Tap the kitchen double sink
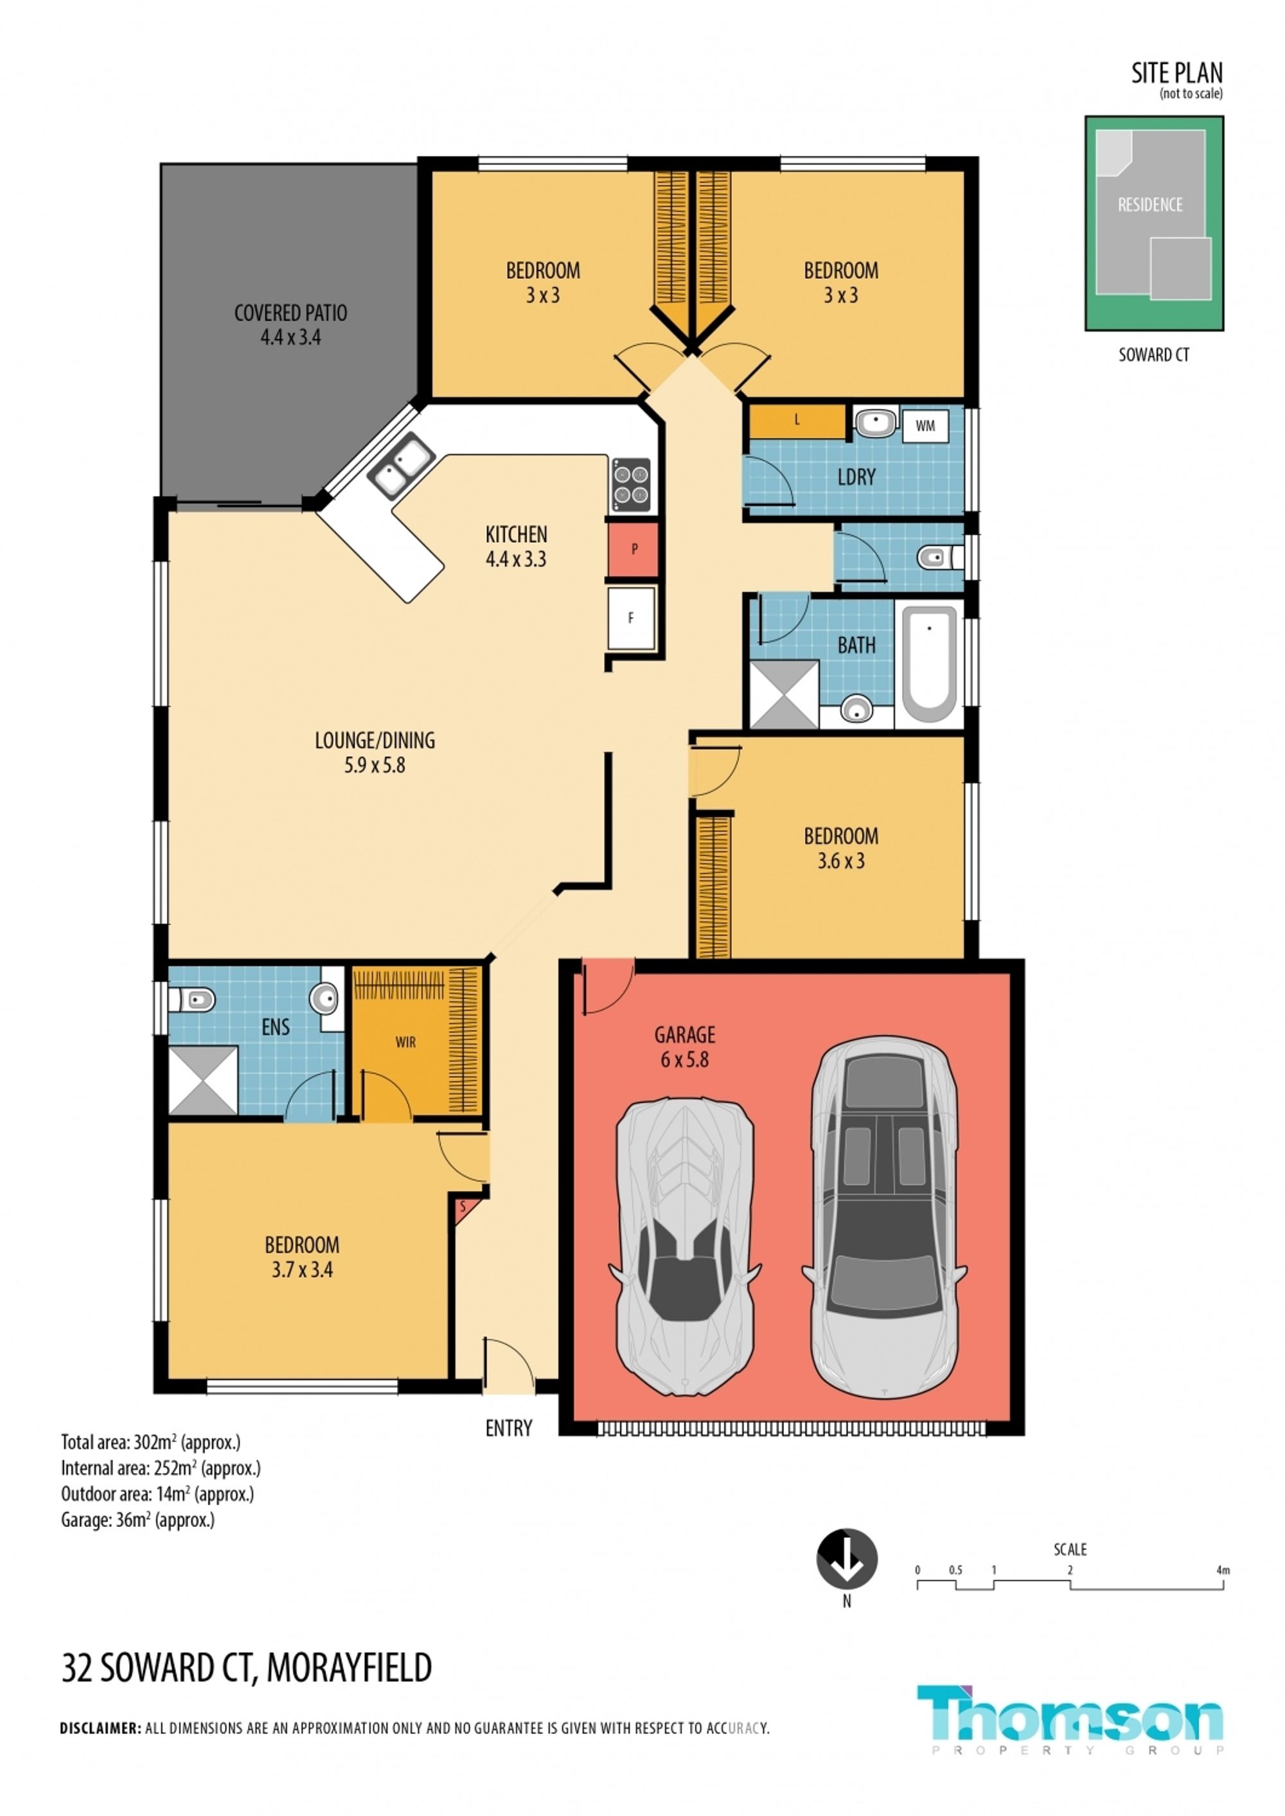pos(401,466)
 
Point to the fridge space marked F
pos(632,619)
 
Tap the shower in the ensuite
pos(204,1080)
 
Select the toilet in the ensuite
pos(192,1001)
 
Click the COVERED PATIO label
pos(290,324)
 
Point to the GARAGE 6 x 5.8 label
pos(684,1046)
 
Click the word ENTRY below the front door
pos(509,1427)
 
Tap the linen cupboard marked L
pos(797,421)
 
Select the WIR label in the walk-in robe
pos(405,1043)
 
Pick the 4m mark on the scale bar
pos(1223,1570)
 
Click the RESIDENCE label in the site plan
pos(1149,205)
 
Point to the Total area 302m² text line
pos(150,1442)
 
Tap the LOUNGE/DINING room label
pos(375,752)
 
